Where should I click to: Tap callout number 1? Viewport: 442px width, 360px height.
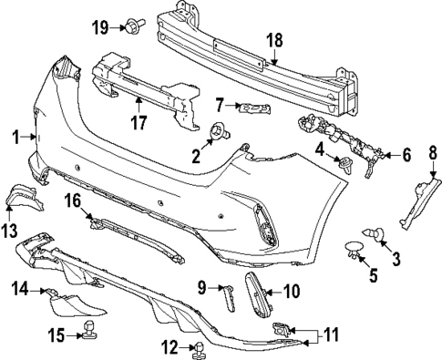[15, 137]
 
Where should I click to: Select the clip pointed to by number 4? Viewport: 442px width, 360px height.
[347, 164]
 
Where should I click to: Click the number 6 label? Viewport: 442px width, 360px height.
[406, 155]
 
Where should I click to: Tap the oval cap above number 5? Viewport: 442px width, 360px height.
[352, 247]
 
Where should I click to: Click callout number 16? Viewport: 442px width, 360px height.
[73, 200]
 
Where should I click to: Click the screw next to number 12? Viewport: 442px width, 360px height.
[197, 347]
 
